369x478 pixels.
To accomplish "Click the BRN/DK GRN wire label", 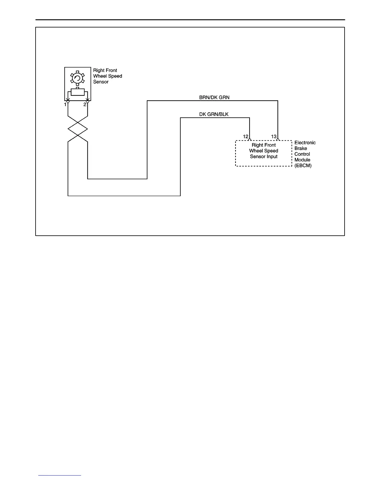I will coord(214,97).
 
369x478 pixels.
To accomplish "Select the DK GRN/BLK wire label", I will coord(214,114).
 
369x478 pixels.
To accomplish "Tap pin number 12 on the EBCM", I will coord(246,137).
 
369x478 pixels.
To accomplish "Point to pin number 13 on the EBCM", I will coord(274,137).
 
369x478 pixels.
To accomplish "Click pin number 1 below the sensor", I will coord(65,105).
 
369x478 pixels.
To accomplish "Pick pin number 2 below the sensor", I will coord(85,105).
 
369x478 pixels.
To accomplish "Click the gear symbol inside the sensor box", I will coord(77,78).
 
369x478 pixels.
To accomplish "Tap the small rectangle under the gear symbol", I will coord(77,92).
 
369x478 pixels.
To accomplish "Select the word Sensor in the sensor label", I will coord(101,82).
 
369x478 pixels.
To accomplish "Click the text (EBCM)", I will coord(303,166).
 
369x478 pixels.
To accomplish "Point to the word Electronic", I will coord(305,143).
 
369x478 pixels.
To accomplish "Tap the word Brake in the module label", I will coord(301,148).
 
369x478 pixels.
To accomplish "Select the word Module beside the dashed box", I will coord(302,160).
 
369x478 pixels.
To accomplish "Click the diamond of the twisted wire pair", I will coord(78,129).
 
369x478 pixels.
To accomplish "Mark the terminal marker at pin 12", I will coord(250,140).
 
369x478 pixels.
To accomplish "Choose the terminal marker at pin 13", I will coord(278,140).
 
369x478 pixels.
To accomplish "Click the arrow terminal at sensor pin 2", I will coord(87,102).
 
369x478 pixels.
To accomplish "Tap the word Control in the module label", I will coord(302,154).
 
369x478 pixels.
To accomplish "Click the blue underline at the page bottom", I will coord(60,476).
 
